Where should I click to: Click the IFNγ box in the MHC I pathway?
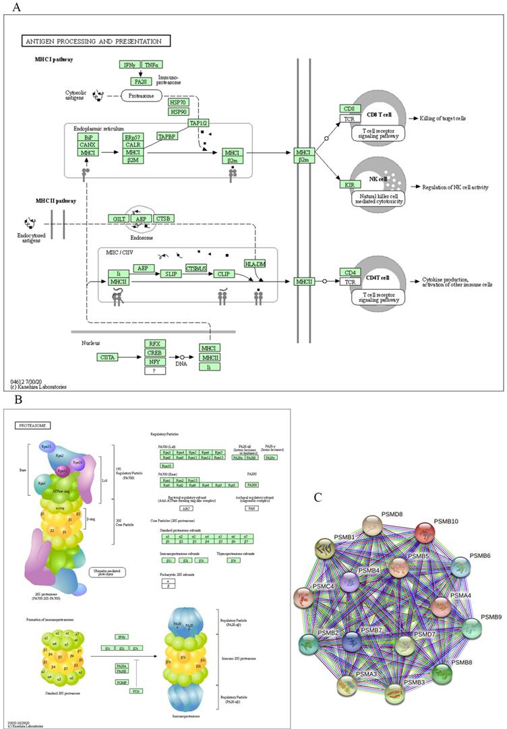[129, 65]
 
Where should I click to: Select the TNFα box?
[152, 65]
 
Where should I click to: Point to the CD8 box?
[349, 108]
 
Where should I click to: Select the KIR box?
[349, 183]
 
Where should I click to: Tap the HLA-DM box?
[255, 263]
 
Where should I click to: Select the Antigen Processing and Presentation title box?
[95, 41]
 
